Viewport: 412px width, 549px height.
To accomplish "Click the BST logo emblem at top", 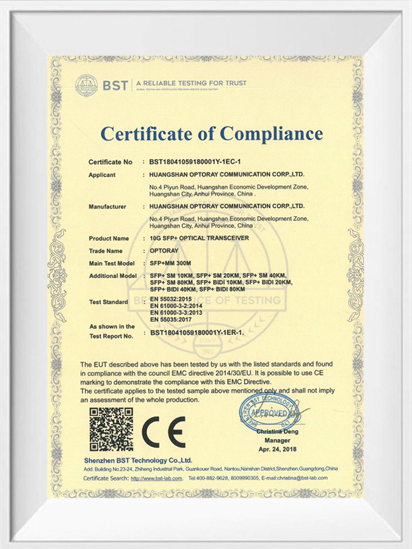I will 87,85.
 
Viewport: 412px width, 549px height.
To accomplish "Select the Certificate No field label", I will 110,163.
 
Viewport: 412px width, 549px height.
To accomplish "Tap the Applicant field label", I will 106,175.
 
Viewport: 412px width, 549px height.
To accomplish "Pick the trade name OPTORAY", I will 165,250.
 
